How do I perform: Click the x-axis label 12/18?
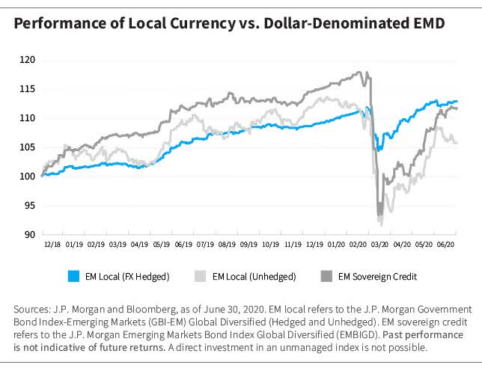(53, 244)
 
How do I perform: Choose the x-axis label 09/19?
(248, 244)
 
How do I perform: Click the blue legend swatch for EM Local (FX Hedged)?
(73, 277)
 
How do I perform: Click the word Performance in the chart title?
(55, 23)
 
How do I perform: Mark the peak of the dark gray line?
(360, 73)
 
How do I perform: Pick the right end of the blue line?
(457, 102)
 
